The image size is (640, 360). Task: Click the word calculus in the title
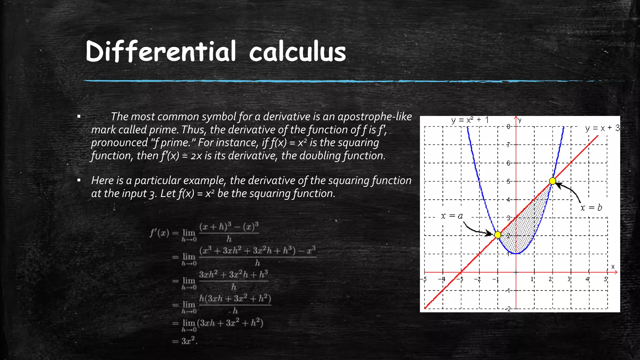297,52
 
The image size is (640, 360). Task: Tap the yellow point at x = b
552,181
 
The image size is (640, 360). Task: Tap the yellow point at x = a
498,234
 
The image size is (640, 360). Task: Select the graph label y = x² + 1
470,120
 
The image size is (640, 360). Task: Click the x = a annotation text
452,216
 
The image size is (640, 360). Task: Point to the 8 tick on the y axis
509,127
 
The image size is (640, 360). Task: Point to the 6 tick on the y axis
509,163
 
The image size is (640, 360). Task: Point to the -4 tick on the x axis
442,279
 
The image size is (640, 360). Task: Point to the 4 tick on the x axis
587,279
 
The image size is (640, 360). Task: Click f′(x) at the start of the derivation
159,233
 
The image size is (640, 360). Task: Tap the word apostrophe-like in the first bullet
375,117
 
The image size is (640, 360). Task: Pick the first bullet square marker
79,117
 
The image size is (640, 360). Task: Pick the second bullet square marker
79,181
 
